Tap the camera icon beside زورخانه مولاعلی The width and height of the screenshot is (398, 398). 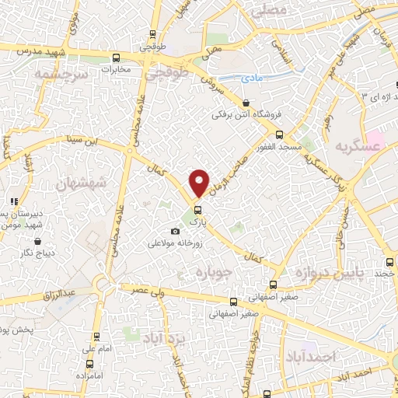click(x=175, y=231)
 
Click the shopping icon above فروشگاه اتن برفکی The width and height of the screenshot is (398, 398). click(x=246, y=103)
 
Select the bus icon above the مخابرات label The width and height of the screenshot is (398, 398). click(x=116, y=57)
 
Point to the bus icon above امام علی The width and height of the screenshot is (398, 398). click(x=96, y=337)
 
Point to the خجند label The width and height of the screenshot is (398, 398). click(x=385, y=273)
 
